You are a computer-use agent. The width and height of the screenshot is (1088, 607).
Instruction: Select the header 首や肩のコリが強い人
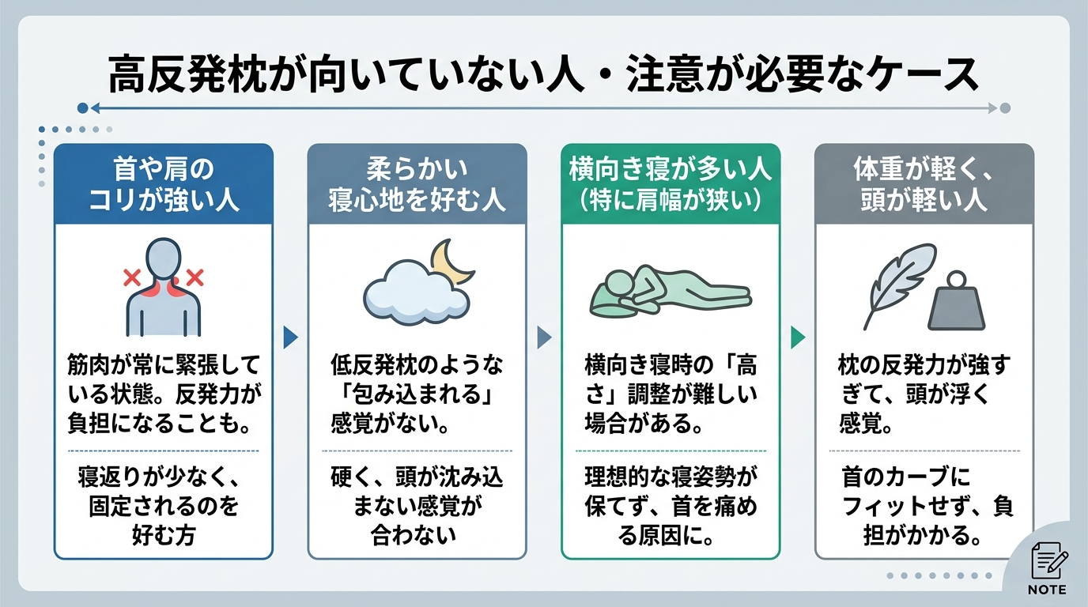pos(164,183)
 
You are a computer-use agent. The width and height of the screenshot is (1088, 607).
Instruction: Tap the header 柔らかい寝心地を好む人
pos(417,183)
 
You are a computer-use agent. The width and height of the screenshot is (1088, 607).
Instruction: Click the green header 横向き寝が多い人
pos(671,183)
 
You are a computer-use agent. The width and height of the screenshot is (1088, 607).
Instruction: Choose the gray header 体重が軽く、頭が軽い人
pos(924,183)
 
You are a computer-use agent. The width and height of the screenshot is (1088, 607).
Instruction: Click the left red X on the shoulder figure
pos(132,277)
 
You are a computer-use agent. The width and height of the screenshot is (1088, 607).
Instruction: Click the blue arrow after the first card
pos(290,337)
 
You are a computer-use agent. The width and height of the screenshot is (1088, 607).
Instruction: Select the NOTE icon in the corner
pos(1047,566)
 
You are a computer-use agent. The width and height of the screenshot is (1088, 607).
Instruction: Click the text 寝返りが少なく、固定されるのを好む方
pos(164,506)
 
